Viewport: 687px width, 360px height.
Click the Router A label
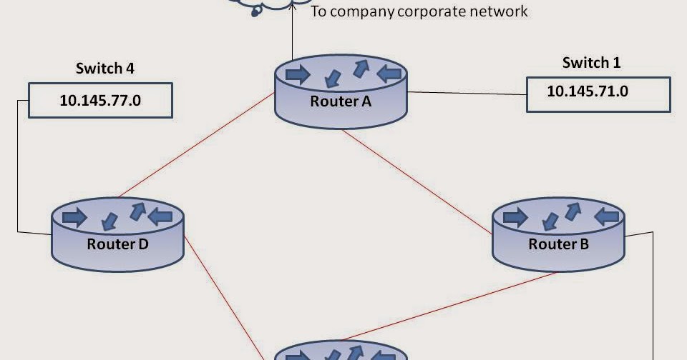(x=341, y=101)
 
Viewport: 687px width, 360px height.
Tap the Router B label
(x=558, y=245)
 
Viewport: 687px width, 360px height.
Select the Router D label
(x=117, y=244)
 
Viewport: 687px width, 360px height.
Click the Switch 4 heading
(x=105, y=69)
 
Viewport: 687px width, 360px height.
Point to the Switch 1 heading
(x=591, y=63)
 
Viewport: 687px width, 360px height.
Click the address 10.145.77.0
(x=100, y=100)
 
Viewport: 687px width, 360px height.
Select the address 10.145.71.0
(x=588, y=91)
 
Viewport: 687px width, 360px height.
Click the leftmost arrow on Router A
(x=298, y=73)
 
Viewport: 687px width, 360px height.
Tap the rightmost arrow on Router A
(x=388, y=72)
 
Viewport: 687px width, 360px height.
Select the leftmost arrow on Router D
(x=74, y=216)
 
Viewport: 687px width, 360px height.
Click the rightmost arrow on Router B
(x=608, y=215)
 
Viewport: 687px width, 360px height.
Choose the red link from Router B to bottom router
(x=458, y=304)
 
